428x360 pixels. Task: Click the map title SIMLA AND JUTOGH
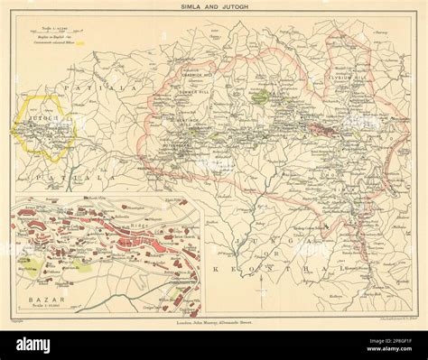click(x=214, y=8)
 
